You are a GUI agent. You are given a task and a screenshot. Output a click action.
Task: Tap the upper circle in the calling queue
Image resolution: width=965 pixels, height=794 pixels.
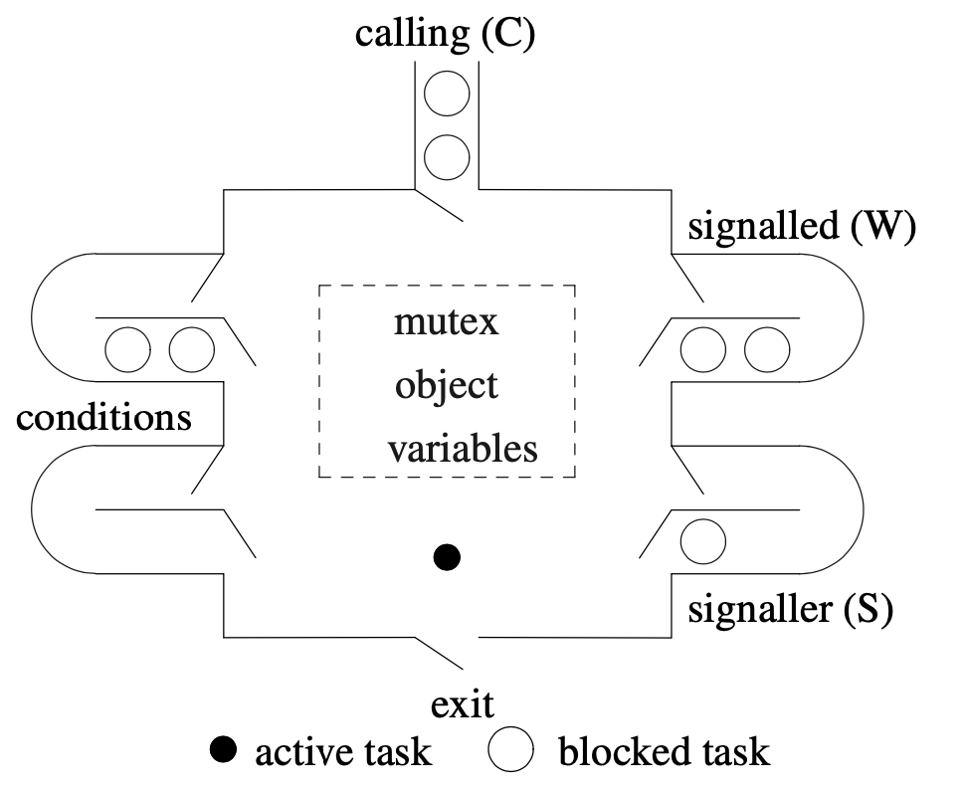447,96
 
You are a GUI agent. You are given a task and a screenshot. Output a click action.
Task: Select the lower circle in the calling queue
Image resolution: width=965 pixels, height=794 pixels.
447,156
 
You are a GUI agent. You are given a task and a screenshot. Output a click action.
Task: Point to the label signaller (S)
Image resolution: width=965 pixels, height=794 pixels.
790,608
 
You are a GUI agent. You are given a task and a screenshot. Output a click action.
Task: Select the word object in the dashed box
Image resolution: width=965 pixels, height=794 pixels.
446,385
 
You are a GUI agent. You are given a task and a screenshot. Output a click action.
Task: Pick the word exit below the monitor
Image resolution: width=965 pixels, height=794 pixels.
463,705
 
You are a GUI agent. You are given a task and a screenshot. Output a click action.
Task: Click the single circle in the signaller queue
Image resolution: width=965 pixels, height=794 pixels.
703,542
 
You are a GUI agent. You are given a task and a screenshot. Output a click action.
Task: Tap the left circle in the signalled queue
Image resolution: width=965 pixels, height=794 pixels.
703,349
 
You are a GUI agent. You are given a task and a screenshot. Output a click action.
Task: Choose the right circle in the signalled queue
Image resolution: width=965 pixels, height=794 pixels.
766,349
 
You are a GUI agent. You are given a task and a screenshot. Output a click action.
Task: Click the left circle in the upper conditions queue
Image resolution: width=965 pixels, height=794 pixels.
128,349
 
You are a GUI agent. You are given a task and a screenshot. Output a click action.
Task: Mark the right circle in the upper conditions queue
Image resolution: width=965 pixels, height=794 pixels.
192,349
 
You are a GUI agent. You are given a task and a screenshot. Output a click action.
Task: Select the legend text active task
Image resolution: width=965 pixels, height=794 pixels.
343,752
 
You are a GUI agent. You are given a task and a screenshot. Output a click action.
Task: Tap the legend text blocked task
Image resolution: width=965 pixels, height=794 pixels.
664,752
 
